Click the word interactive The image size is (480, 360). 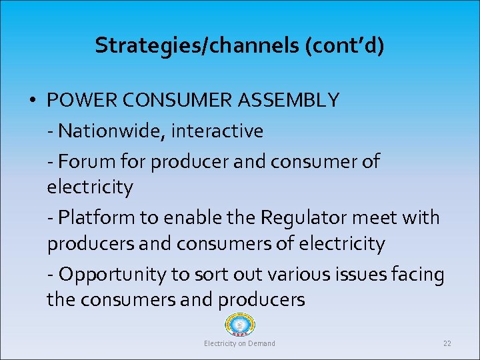(x=217, y=131)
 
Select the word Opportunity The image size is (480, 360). (x=110, y=274)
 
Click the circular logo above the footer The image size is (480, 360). (x=240, y=325)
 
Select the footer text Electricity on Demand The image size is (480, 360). (x=239, y=343)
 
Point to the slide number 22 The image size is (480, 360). (x=447, y=343)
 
